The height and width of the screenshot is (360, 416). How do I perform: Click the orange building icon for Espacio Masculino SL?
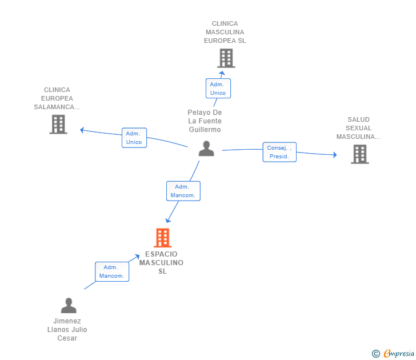163,238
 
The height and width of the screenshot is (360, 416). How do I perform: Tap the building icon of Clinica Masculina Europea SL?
226,58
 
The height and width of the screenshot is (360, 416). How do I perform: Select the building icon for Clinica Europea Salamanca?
58,124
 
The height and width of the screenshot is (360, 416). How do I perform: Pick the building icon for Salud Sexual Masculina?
359,154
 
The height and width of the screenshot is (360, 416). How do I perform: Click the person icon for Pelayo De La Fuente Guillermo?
206,149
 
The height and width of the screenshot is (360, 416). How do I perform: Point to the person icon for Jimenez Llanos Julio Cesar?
69,306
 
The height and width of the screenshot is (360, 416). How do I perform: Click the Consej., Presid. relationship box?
279,152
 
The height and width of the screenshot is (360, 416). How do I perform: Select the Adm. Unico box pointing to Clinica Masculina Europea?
218,89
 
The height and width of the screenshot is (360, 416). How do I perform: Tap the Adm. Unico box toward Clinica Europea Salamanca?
134,138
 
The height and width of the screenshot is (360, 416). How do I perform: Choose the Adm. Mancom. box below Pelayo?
183,191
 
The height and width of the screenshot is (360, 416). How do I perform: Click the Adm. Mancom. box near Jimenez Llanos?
111,271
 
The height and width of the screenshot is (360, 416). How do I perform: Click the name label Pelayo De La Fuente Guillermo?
205,121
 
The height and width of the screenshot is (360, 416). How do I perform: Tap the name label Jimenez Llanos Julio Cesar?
67,330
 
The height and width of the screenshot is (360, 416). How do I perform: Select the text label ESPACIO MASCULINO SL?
162,263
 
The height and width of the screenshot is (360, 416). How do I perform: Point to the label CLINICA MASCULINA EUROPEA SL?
225,33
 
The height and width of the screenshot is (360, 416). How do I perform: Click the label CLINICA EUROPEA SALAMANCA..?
57,98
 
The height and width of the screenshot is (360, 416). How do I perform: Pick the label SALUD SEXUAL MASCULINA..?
358,129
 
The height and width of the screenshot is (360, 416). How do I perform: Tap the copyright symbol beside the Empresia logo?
376,354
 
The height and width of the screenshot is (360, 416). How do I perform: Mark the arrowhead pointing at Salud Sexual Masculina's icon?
335,154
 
